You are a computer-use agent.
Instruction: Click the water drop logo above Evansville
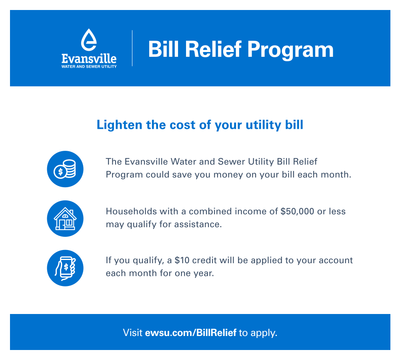coord(89,40)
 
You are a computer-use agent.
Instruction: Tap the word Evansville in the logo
coord(89,59)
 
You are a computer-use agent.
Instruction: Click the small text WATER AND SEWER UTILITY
coord(89,66)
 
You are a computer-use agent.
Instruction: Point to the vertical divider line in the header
coord(132,48)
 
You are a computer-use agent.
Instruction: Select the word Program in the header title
coord(290,50)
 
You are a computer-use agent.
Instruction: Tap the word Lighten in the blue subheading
coord(119,125)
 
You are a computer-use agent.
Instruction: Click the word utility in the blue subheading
coord(263,125)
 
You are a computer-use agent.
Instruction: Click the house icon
coord(65,218)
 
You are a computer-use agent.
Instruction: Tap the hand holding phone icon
coord(65,268)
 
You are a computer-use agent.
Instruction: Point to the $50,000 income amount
coord(297,212)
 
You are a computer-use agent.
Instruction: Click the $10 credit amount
coord(182,260)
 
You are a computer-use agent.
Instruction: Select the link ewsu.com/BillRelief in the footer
coord(191,333)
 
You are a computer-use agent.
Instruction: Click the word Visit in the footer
coord(133,333)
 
